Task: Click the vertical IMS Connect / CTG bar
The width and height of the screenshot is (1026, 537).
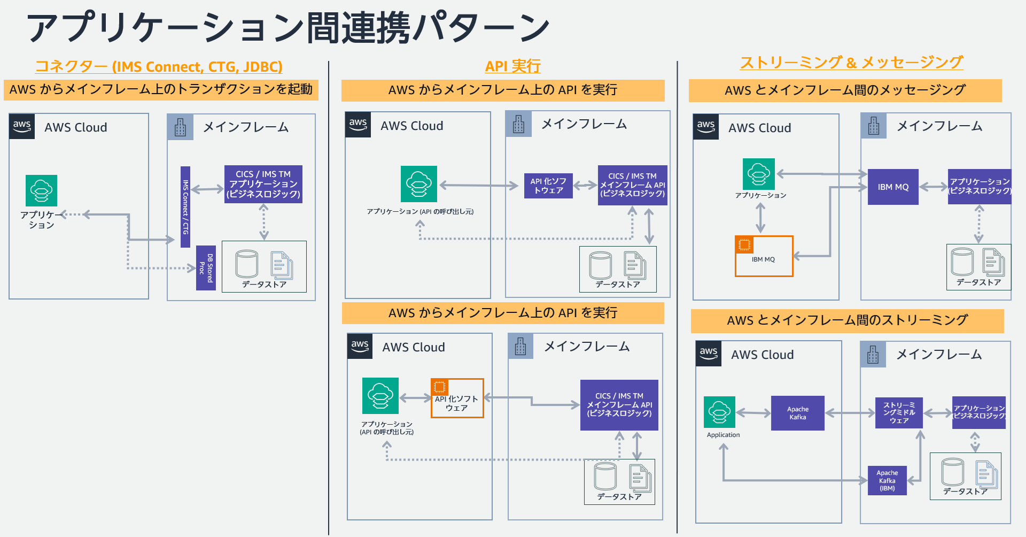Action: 185,207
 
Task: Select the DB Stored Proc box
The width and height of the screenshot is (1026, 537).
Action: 206,268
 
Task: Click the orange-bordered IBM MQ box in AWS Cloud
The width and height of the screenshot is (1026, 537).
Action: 764,256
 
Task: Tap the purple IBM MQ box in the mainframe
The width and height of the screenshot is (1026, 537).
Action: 893,187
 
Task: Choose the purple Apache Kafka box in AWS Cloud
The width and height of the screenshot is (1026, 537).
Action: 797,413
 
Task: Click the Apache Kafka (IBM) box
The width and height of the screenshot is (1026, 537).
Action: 887,480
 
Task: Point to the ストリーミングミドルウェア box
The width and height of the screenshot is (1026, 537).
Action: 899,413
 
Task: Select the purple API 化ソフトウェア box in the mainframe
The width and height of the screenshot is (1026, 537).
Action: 548,186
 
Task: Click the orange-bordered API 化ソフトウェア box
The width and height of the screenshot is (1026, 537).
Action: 457,399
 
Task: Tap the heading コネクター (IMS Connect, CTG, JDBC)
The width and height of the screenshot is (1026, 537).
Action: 159,66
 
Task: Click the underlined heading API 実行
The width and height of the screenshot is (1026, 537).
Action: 512,66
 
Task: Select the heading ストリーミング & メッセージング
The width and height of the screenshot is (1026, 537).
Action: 851,63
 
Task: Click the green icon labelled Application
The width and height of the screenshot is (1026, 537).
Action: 719,412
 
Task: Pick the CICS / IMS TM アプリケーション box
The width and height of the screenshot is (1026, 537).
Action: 263,184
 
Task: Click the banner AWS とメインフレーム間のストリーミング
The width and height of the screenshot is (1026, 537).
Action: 847,320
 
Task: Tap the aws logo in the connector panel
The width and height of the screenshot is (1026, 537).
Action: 22,126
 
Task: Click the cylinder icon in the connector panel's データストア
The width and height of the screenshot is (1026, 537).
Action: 246,264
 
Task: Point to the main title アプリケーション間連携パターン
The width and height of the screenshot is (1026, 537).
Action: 287,28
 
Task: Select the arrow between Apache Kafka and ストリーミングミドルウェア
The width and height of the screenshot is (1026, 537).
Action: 850,413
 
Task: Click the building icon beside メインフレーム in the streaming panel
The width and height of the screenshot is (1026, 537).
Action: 873,355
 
